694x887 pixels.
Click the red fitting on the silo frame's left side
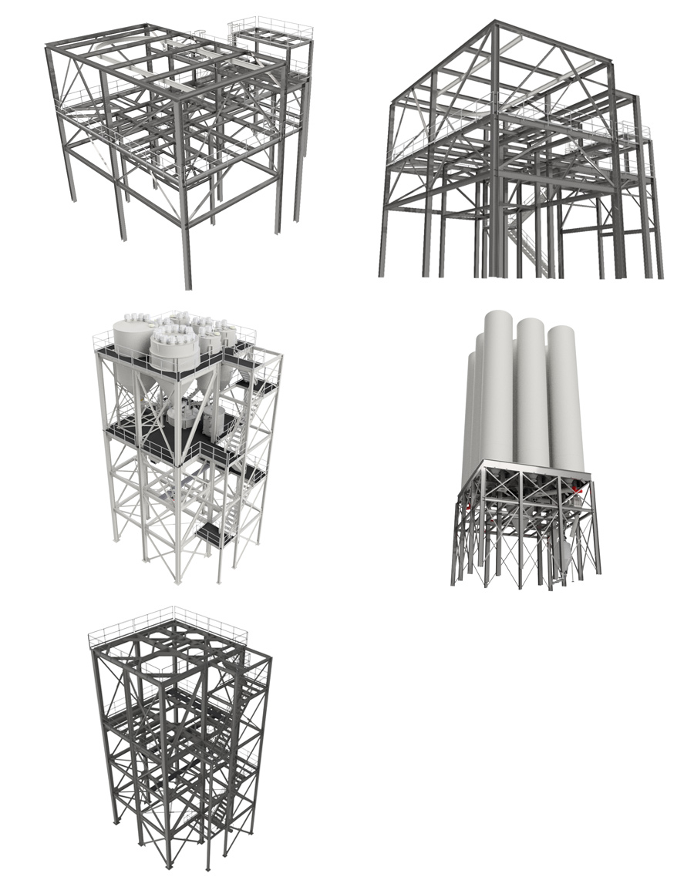point(466,504)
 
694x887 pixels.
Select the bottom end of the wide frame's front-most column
point(187,286)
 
